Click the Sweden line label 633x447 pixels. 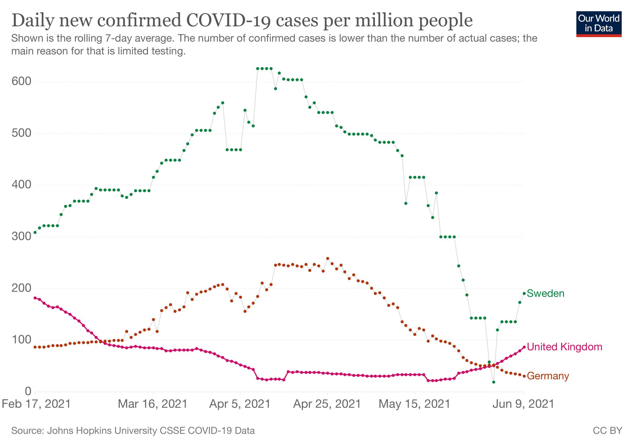coord(545,293)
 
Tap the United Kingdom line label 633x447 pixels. coord(564,347)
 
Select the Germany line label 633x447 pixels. coord(548,376)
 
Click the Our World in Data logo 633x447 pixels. coord(599,24)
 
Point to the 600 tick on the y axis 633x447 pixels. coord(21,82)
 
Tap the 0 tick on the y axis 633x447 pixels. coord(28,391)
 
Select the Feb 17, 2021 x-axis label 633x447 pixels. coord(36,404)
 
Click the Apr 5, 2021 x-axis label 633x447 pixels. coord(240,404)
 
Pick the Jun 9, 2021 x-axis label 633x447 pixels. coord(523,404)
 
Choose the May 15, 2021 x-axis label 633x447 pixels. coord(414,404)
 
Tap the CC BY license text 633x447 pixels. coord(607,431)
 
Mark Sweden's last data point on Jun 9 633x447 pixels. coord(524,293)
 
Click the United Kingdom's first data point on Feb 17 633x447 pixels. coord(35,298)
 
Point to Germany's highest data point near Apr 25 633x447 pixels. coord(328,258)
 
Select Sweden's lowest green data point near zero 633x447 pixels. coord(494,382)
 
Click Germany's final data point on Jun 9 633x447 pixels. coord(524,376)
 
